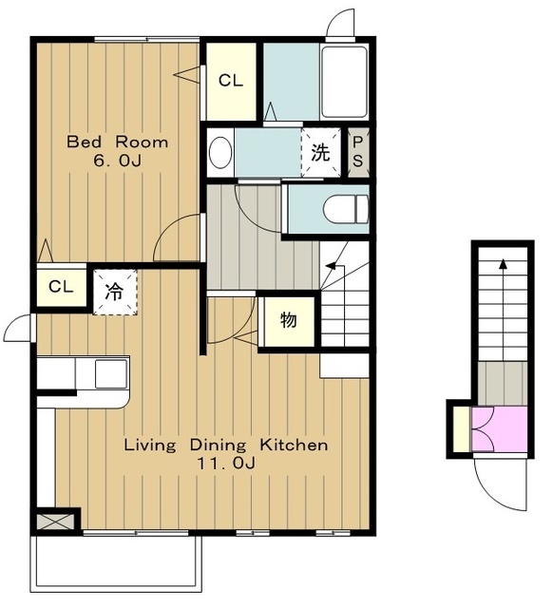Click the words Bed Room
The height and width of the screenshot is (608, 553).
tap(118, 142)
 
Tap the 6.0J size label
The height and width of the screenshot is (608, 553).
tap(117, 161)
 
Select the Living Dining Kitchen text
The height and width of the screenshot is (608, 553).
tap(226, 445)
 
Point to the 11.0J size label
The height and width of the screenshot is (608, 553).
tap(226, 463)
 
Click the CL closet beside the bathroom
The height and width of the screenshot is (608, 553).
tap(231, 82)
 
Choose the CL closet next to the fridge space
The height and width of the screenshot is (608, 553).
tap(61, 287)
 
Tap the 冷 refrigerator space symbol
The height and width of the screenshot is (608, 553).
tap(115, 292)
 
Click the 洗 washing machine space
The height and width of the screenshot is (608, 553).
tap(321, 153)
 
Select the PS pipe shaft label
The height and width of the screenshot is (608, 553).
tap(358, 152)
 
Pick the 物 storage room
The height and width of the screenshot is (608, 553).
tap(289, 321)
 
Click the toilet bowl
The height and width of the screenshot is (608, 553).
tap(346, 209)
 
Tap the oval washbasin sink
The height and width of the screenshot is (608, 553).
tap(220, 152)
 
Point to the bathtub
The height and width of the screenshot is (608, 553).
tap(344, 82)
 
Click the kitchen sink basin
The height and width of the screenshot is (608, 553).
tap(111, 373)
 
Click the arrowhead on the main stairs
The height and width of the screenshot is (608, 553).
tap(331, 266)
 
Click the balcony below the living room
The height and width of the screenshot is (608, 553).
tap(116, 568)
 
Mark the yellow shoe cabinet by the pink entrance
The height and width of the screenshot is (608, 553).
tap(462, 428)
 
